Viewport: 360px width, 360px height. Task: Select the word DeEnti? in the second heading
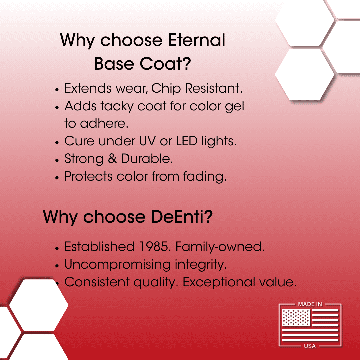tap(182, 217)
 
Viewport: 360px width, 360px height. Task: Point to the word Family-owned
tap(220, 247)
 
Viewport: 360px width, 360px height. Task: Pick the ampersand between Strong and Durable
tap(113, 159)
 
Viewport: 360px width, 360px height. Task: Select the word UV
tap(147, 141)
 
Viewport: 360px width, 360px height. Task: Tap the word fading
tap(204, 176)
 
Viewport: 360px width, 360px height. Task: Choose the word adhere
tap(104, 124)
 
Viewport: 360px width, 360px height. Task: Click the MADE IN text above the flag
tap(310, 304)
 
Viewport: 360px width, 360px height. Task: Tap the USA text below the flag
tap(310, 346)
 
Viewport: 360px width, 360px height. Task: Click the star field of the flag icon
tap(296, 317)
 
